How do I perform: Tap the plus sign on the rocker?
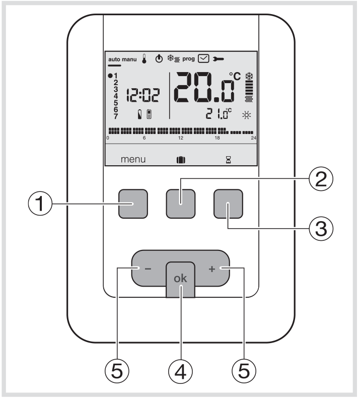[x=211, y=270]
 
